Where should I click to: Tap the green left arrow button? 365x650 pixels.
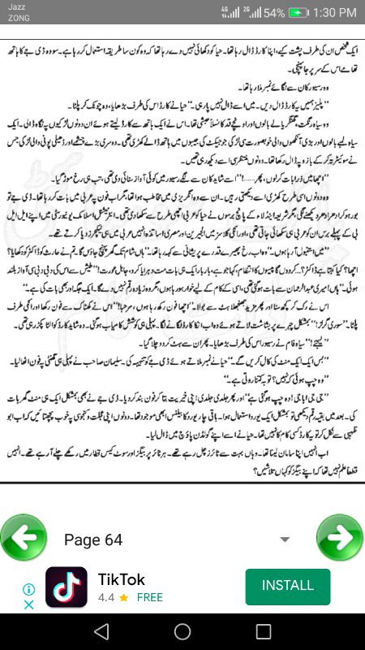pos(24,538)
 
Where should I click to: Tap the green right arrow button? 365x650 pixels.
pos(340,538)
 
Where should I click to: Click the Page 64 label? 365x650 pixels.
pos(92,540)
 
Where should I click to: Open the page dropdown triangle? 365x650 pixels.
pos(284,539)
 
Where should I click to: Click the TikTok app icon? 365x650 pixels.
pos(67,587)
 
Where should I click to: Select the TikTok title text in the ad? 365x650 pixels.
pos(122,579)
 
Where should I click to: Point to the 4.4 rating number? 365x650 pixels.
pos(106,597)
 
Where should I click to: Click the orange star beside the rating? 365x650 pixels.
pos(123,597)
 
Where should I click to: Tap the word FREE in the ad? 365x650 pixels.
pos(149,597)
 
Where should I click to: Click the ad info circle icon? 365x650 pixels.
pos(28,589)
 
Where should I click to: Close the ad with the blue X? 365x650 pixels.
pos(28,604)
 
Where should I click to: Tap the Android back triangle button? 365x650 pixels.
pos(101,631)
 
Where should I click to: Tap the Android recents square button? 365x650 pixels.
pos(264,631)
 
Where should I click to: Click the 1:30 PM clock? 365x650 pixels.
pos(334,13)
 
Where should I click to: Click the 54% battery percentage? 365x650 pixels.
pos(274,13)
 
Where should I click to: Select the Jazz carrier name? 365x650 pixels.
pos(16,7)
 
